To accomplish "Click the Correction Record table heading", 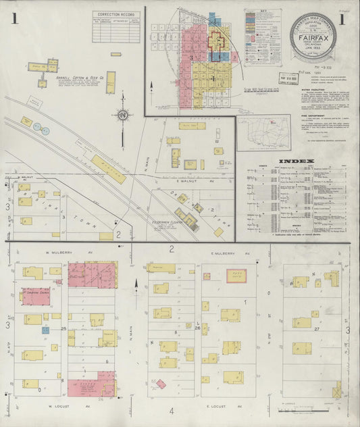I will pyautogui.click(x=115, y=14).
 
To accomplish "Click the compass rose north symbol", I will pyautogui.click(x=122, y=116).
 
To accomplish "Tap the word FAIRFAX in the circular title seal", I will pyautogui.click(x=310, y=39).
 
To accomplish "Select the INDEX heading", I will pyautogui.click(x=297, y=161).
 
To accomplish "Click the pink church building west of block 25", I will pyautogui.click(x=36, y=296).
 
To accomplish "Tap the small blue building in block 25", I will pyautogui.click(x=45, y=330).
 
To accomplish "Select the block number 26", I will pyautogui.click(x=197, y=328).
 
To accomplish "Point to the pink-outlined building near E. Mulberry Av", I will pyautogui.click(x=236, y=276).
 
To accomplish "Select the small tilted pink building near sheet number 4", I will pyautogui.click(x=161, y=384).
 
